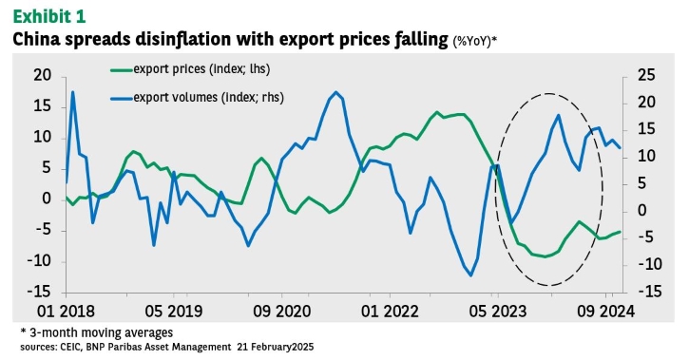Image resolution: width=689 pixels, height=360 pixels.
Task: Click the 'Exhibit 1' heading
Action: point(49,16)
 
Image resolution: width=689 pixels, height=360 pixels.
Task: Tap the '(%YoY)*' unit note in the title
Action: point(475,41)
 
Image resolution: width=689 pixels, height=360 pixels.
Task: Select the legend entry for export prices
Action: point(190,69)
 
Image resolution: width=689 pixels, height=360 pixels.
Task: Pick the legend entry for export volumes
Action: point(197,98)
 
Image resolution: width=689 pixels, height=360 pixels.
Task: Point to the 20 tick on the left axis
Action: point(43,75)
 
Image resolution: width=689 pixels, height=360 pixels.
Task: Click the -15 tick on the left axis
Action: point(39,292)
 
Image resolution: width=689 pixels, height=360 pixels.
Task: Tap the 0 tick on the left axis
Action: point(47,199)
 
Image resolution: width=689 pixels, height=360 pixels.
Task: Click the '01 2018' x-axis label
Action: point(66,312)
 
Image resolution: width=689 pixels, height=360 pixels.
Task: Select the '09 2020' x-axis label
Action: point(281,312)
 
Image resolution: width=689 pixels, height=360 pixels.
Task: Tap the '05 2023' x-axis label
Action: point(497,312)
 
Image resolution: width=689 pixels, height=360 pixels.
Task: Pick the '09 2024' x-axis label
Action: point(606,312)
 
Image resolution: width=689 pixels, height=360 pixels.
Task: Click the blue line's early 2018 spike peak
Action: point(72,92)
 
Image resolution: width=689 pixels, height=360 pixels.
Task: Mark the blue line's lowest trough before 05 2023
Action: point(471,275)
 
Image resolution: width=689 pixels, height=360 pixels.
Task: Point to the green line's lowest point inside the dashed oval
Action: point(545,256)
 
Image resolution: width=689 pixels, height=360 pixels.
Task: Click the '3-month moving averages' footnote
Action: point(97,332)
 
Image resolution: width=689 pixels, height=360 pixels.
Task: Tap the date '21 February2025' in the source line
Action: point(276,347)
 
